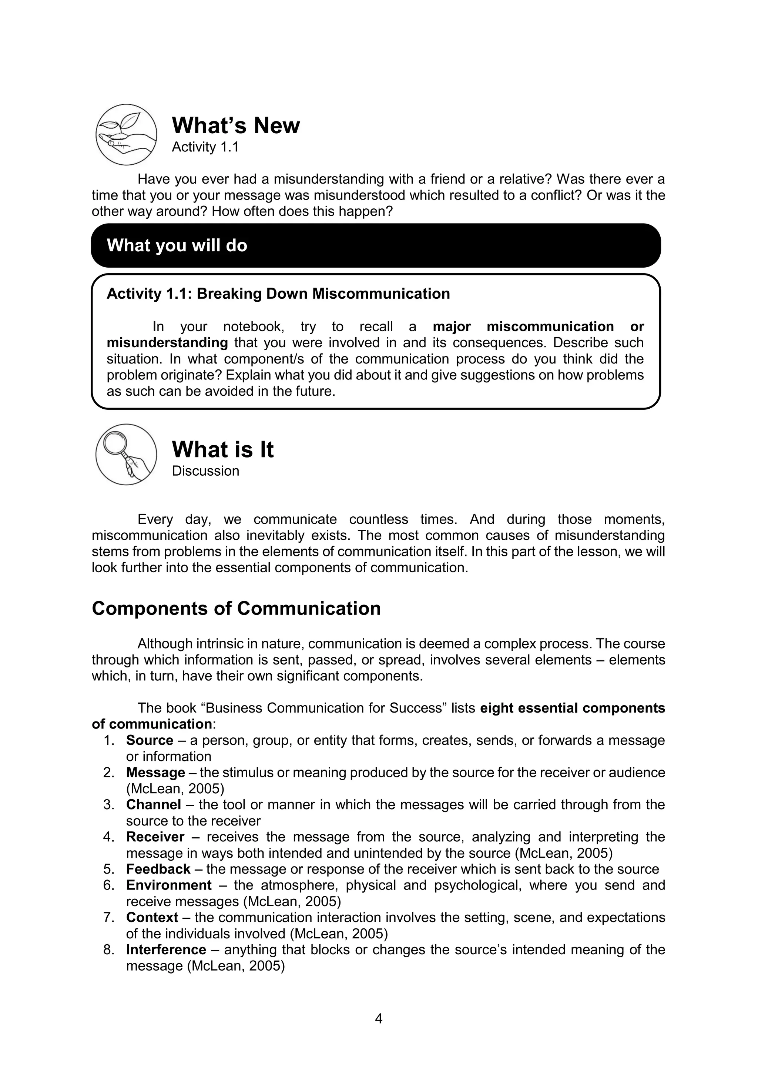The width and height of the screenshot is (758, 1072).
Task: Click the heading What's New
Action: point(236,125)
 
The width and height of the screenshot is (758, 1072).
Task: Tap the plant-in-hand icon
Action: point(126,134)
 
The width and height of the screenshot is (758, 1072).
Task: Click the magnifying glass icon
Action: point(126,454)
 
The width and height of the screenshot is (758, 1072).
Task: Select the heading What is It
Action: point(223,450)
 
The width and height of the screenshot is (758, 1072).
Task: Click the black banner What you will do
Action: point(375,245)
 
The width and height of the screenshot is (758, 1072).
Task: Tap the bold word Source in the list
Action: point(150,740)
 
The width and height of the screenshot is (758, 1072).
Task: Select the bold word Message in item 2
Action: point(155,773)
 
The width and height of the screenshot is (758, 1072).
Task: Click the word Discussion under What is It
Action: point(205,470)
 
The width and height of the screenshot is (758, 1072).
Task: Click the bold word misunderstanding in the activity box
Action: point(167,343)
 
